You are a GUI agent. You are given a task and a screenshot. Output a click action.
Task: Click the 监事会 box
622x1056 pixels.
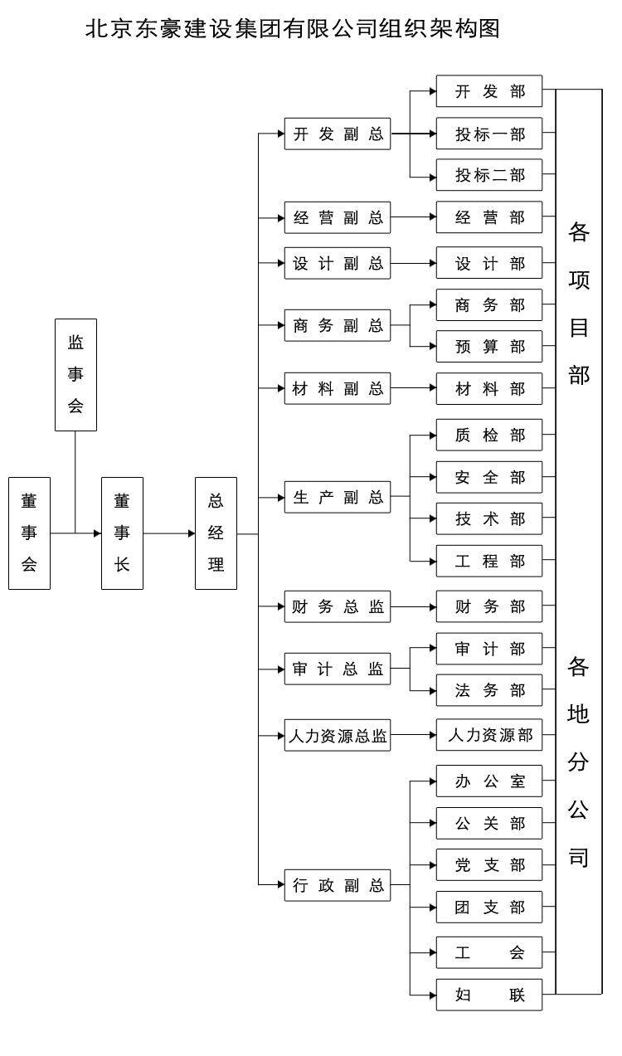coord(75,375)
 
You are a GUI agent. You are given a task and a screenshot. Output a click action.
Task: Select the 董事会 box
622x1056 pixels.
coord(29,533)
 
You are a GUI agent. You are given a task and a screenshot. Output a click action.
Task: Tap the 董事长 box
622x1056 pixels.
coord(122,533)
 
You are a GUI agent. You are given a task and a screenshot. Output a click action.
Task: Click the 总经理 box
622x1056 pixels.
coord(216,533)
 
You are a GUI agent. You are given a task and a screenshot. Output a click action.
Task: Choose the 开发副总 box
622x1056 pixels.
coord(338,134)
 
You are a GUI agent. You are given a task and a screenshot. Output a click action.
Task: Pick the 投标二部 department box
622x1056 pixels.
coord(489,176)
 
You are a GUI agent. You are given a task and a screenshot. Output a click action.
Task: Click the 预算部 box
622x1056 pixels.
coord(489,347)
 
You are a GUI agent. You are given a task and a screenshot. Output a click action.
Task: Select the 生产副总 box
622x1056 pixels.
coord(338,498)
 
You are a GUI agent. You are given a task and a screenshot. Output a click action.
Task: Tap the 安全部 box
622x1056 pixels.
coord(489,478)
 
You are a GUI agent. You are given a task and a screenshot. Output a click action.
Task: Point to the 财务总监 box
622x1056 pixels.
coord(338,606)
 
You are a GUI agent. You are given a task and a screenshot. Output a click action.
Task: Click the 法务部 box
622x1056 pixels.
coord(489,690)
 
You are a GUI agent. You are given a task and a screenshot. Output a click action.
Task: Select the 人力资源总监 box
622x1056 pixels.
coord(338,736)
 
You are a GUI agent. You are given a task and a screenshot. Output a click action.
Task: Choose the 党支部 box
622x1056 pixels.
coord(489,865)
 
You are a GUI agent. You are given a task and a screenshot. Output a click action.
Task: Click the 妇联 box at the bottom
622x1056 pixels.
coord(489,995)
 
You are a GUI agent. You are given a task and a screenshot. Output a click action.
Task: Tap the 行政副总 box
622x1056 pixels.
coord(338,885)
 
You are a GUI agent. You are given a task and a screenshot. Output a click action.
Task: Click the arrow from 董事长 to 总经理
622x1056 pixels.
coord(169,533)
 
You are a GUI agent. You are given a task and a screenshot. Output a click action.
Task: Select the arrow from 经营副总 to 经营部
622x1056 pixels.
coord(414,218)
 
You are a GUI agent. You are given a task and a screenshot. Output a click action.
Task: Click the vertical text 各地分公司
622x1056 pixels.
coord(579,762)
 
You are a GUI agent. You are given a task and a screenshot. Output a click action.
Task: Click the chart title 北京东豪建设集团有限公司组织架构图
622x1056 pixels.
coord(293,29)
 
